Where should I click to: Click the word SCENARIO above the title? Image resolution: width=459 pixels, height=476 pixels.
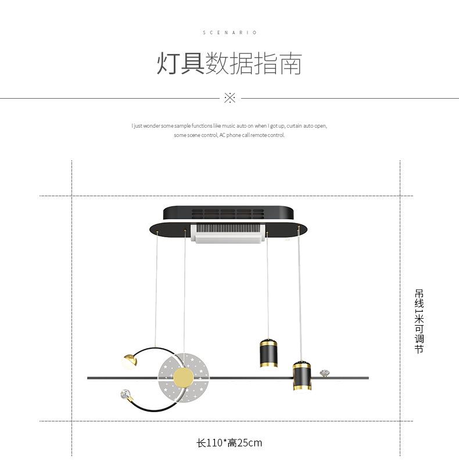coord(229,33)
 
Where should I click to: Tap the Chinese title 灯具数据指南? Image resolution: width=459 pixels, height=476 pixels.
coord(229,64)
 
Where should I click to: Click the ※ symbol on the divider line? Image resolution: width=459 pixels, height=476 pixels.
coord(229,98)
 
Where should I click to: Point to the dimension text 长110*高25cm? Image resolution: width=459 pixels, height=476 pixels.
coord(229,443)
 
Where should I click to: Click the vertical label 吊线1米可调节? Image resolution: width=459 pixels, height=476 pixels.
coord(419,321)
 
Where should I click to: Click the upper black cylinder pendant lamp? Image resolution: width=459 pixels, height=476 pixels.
coord(268,352)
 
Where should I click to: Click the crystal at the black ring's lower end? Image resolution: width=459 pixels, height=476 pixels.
coord(124,395)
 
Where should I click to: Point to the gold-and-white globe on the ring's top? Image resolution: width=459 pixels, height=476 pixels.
coord(129,360)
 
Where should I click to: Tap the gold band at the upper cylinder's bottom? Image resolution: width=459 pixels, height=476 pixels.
coord(268,365)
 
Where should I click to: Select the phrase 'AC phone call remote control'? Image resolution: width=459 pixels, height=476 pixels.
coord(252,135)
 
